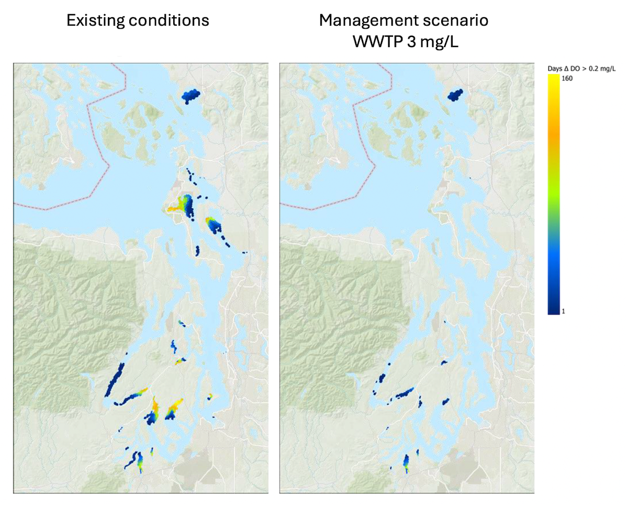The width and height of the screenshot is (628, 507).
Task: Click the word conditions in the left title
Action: click(x=169, y=20)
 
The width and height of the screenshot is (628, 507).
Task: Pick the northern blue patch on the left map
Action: click(x=190, y=95)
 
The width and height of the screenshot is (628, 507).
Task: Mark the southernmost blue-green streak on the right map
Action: click(x=406, y=463)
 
